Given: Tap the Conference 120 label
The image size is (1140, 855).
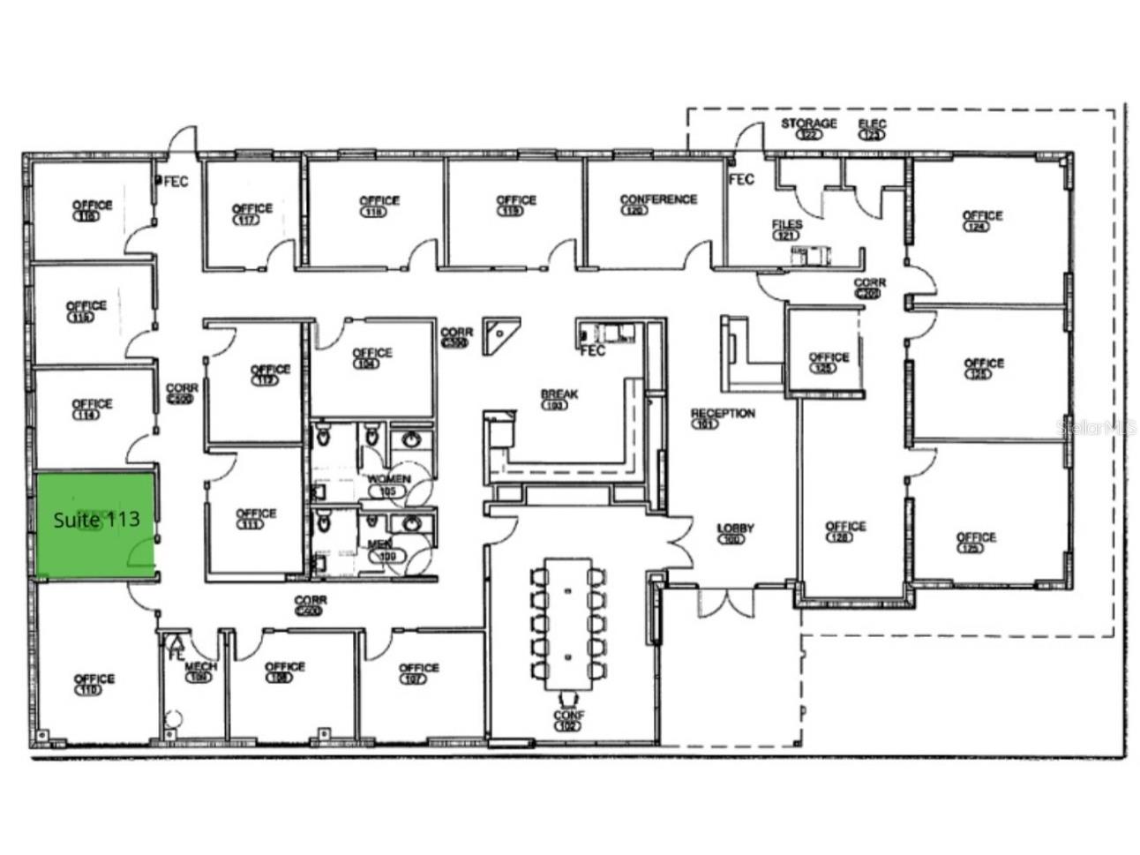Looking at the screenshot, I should click(x=658, y=204).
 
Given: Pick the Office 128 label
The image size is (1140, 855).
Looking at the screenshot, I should click(x=845, y=530).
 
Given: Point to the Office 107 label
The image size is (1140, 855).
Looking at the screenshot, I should click(x=418, y=672).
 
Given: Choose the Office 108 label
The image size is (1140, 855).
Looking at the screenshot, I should click(x=284, y=671).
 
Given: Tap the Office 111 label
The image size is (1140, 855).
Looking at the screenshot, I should click(x=256, y=517).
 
